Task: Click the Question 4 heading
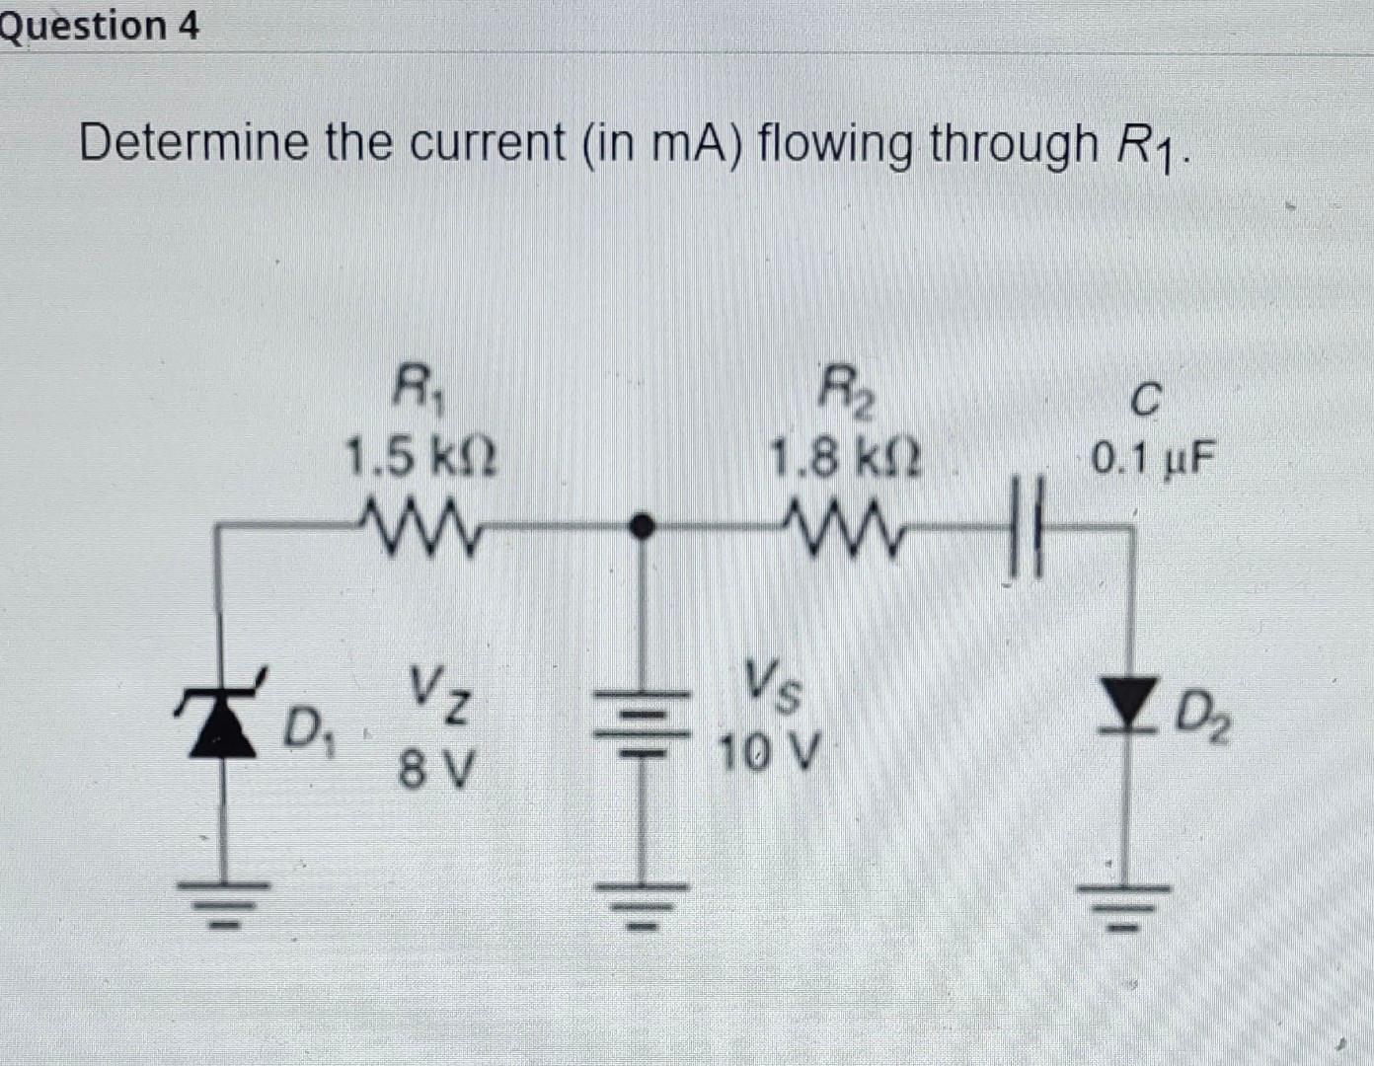99,26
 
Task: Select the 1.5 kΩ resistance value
420,458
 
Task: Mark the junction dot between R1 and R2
643,525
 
